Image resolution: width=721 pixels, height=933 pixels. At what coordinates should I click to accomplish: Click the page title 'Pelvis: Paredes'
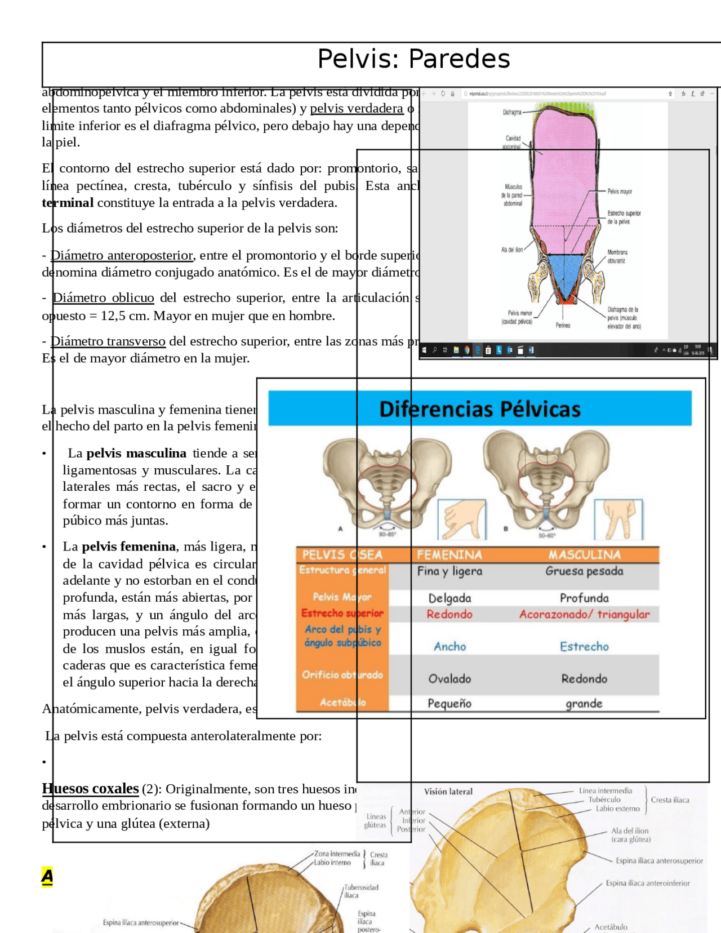[413, 59]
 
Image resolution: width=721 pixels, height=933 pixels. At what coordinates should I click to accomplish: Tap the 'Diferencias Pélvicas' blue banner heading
[479, 409]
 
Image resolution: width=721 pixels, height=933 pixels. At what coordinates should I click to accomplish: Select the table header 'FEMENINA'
[449, 555]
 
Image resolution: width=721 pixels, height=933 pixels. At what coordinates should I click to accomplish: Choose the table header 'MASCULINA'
[584, 555]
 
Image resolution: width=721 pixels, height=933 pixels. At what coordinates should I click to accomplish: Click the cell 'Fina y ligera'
[449, 571]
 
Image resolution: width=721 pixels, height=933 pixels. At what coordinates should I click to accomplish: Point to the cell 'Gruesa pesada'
[584, 571]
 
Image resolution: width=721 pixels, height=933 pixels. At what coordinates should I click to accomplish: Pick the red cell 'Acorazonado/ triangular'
[584, 614]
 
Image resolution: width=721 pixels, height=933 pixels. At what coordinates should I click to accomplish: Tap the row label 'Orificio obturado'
[342, 674]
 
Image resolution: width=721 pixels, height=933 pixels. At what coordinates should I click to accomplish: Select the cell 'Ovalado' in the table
[449, 679]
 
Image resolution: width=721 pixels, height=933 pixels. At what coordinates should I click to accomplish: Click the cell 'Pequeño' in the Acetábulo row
[449, 703]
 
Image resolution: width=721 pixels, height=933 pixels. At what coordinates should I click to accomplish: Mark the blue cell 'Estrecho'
[584, 646]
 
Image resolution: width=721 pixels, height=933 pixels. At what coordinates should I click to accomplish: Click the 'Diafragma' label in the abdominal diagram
[512, 112]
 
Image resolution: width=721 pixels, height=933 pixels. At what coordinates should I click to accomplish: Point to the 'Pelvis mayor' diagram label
[620, 192]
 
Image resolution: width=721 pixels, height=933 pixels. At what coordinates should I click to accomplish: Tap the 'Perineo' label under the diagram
[563, 325]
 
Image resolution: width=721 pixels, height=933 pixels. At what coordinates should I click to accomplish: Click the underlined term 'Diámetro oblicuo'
[103, 297]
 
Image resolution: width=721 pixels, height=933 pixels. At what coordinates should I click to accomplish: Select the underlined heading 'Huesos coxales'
[90, 788]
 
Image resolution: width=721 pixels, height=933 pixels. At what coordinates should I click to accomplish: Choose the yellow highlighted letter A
[47, 876]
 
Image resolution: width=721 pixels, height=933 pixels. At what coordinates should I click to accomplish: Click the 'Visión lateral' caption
[448, 792]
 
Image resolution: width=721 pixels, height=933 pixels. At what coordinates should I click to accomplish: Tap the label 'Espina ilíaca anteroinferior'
[648, 883]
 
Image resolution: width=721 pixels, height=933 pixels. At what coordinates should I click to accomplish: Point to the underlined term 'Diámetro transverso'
[108, 341]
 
